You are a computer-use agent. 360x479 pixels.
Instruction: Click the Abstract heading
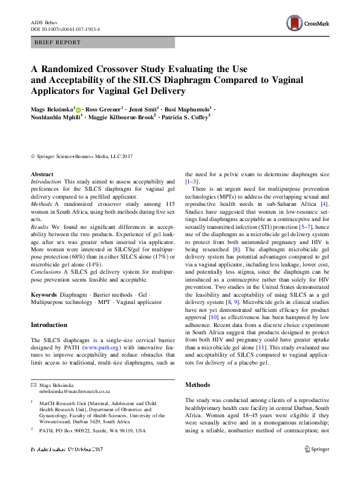pyautogui.click(x=42, y=174)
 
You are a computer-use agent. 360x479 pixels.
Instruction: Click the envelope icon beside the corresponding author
pyautogui.click(x=33, y=385)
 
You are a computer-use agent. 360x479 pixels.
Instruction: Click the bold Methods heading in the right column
pyautogui.click(x=197, y=385)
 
